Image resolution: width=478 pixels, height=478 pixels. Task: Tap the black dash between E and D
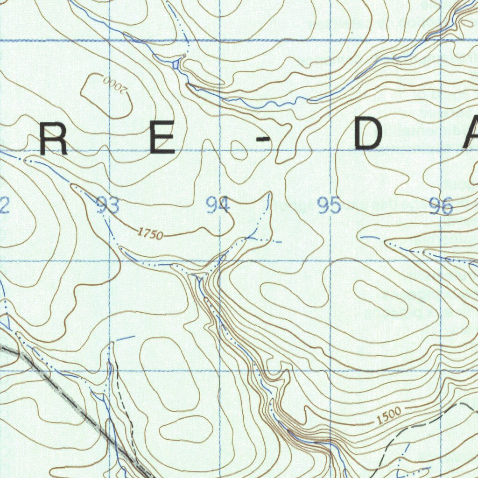[x=264, y=139]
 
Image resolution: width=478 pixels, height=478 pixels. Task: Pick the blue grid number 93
[x=107, y=205]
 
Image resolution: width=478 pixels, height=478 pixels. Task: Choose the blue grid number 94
[x=218, y=205]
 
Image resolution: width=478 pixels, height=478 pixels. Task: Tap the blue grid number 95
[x=329, y=205]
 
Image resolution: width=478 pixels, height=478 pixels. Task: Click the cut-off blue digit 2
[x=4, y=205]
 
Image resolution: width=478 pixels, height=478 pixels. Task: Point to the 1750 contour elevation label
[x=150, y=234]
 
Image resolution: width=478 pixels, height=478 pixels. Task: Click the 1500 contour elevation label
[x=389, y=415]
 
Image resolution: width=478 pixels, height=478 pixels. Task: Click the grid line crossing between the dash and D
[x=330, y=150]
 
